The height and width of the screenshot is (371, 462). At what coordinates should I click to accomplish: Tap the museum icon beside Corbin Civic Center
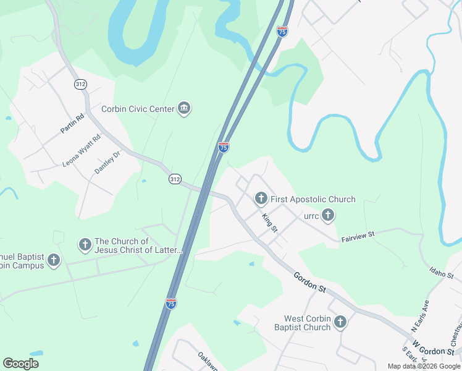pos(183,109)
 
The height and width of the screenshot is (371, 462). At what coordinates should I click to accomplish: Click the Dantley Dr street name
pos(107,163)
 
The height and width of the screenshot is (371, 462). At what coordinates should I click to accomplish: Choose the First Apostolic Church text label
pos(313,199)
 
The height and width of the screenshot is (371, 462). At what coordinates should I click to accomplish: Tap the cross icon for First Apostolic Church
pos(261,198)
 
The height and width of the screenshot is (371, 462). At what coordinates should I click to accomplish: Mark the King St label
pos(270,223)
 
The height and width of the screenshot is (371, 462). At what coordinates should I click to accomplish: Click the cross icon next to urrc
pos(328,215)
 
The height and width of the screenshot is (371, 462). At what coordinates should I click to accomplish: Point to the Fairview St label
pos(358,236)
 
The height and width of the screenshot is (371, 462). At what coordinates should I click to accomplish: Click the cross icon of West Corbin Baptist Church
pos(340,322)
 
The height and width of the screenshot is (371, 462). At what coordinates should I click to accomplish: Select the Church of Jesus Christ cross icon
pos(85,245)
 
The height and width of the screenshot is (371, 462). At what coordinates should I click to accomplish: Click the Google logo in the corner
pos(20,364)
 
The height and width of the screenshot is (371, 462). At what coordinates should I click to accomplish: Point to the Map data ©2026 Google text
pos(424,366)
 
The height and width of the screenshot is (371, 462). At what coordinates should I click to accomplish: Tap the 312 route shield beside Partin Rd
pos(80,84)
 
